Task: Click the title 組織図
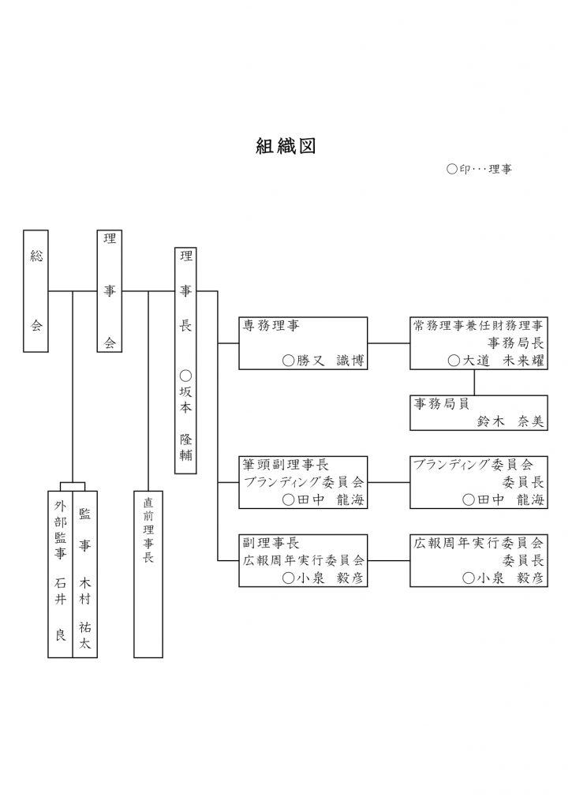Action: (286, 147)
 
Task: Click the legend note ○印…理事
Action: (479, 169)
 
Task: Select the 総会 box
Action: (36, 290)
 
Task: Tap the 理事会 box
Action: (110, 290)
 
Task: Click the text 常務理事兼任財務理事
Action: (478, 325)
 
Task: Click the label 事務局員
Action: (441, 403)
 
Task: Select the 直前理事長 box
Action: (148, 572)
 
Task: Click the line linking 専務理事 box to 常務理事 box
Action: (389, 343)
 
